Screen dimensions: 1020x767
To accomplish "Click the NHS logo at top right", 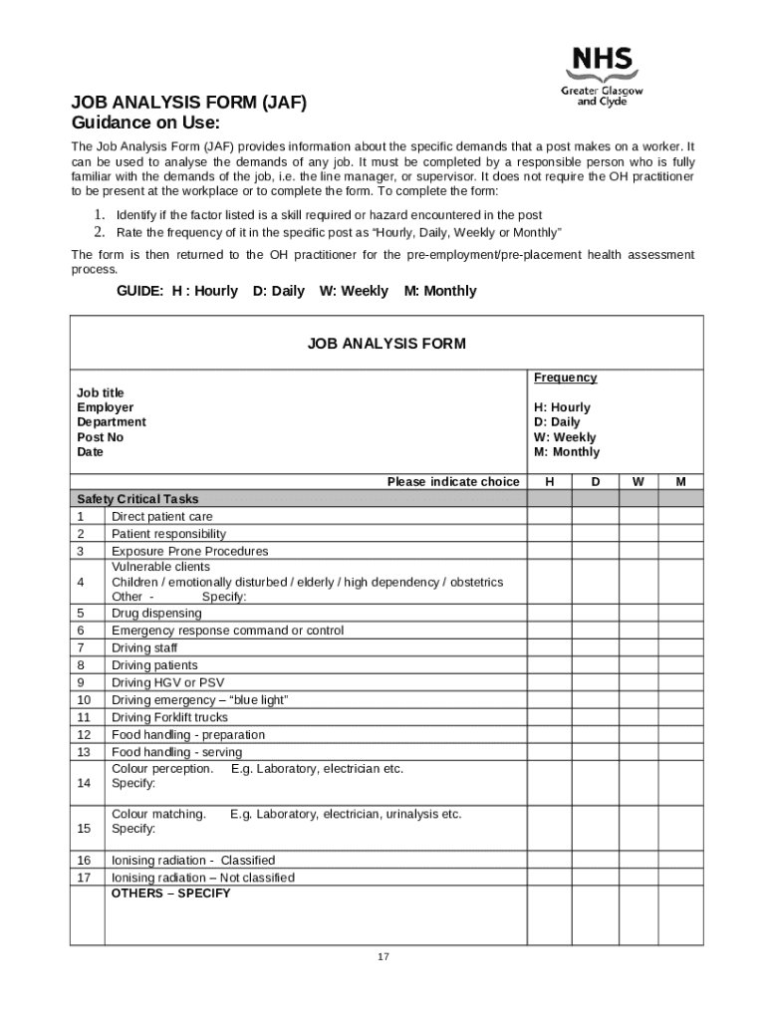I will [602, 76].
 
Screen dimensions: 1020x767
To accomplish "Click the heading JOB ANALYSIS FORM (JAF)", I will [188, 103].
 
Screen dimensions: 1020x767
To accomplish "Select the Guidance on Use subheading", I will [144, 124].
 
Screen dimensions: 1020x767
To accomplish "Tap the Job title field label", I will [101, 392].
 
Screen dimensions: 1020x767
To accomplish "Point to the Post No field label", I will [101, 437].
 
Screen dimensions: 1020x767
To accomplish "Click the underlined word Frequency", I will [565, 378].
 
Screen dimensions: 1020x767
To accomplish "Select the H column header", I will [550, 482].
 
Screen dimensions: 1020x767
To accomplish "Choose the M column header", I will [680, 482].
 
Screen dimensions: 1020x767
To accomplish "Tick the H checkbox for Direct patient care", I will [550, 517].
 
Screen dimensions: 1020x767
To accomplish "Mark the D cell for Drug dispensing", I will [595, 614].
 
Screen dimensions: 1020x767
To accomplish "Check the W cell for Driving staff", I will [638, 648].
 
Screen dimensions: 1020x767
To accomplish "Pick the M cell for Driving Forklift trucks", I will [680, 717].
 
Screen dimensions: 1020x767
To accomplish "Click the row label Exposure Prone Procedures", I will [189, 551].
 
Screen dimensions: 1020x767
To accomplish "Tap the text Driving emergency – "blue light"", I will [199, 700].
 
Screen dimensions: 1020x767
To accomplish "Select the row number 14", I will [84, 783].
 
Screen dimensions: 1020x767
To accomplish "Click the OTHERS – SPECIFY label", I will [170, 893].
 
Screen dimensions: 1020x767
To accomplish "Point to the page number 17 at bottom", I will [383, 957].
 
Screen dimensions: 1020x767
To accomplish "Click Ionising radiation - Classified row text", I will [193, 861].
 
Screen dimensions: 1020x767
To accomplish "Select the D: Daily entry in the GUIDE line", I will [278, 291].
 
